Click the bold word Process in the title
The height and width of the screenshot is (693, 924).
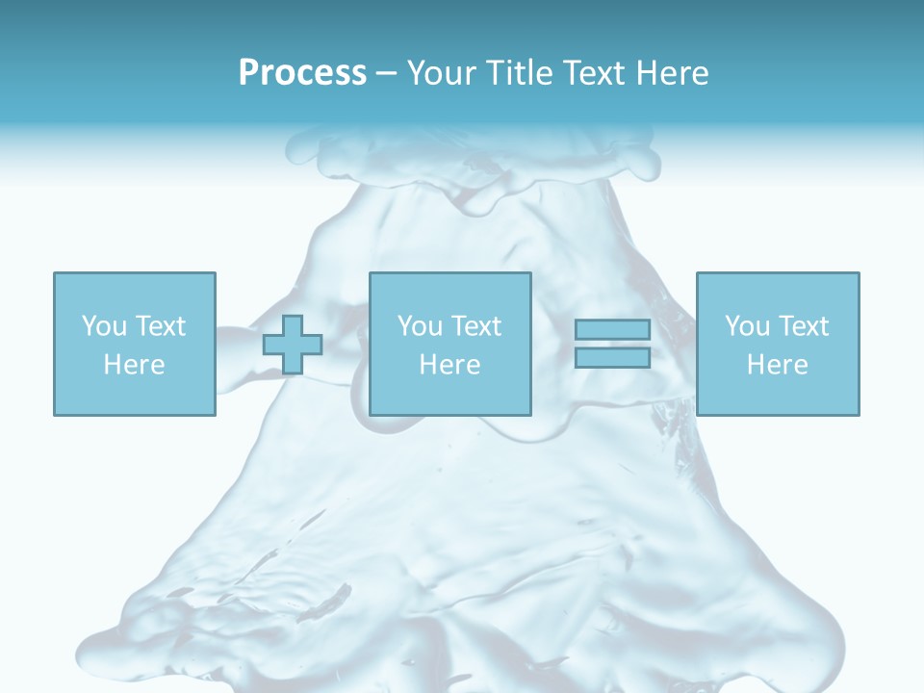tap(302, 73)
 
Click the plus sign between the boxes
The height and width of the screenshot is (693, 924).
tap(293, 345)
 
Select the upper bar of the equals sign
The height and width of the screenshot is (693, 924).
tap(612, 330)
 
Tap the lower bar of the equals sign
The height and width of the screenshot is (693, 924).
tap(612, 358)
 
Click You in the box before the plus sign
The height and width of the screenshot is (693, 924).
tap(104, 326)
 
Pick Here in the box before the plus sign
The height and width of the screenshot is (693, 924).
tap(134, 365)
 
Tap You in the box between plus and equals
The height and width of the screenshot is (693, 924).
tap(420, 326)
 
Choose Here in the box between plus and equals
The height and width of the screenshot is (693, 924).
tap(449, 365)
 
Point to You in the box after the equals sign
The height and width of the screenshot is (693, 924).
tap(747, 326)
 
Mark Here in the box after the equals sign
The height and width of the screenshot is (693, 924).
tap(777, 365)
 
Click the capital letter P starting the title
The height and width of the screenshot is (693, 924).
tap(248, 73)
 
